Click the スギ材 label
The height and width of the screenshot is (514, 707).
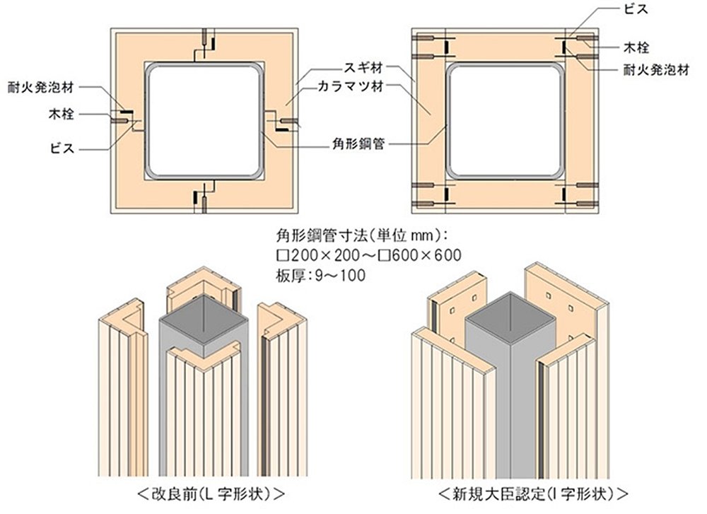point(363,69)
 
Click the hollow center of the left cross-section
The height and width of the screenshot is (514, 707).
point(204,119)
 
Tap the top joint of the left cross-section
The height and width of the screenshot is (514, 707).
point(205,44)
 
